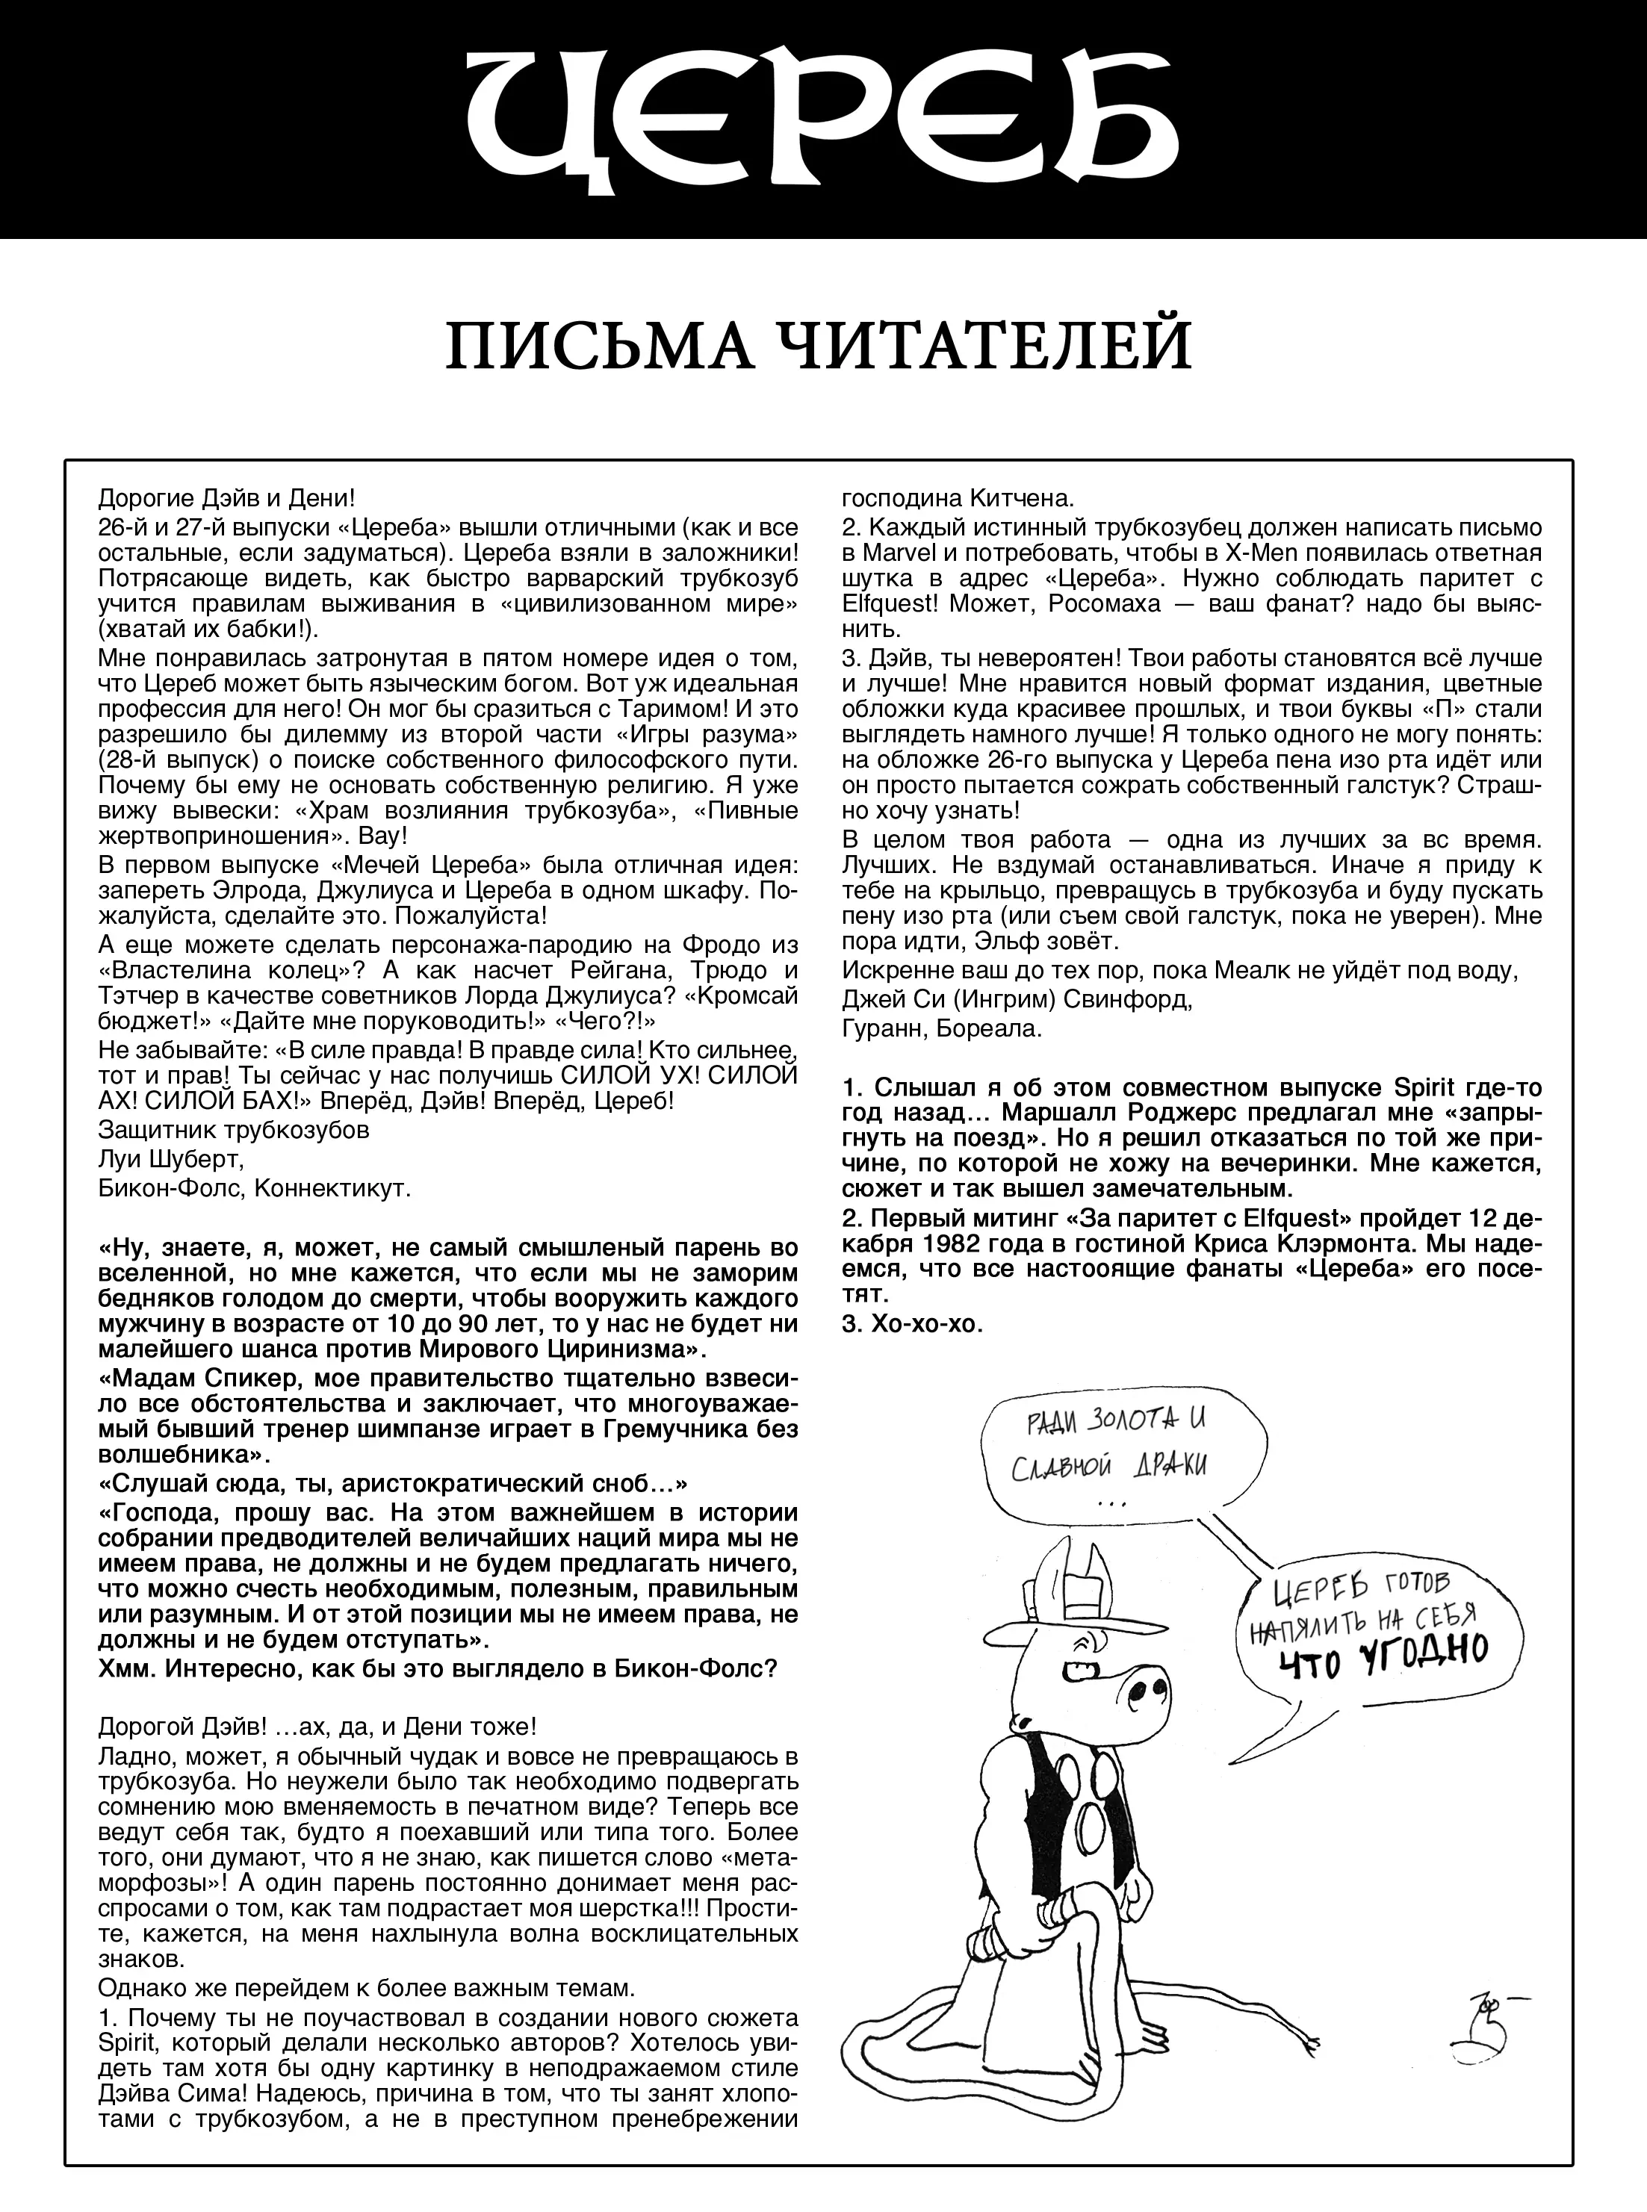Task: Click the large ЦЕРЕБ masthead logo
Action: tap(822, 119)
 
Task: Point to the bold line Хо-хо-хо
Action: tap(912, 1325)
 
